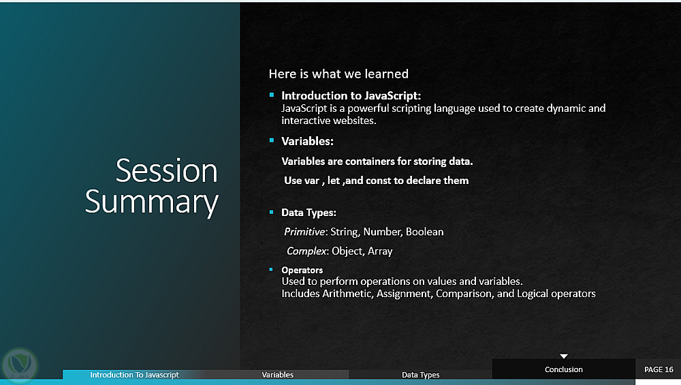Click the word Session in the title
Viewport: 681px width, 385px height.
point(166,170)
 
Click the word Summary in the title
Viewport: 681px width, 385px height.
point(152,202)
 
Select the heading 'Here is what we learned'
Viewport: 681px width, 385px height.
point(338,74)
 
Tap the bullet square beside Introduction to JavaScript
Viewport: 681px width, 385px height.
point(272,95)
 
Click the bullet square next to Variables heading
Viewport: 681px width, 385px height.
point(272,140)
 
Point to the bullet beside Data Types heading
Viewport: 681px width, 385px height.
point(272,212)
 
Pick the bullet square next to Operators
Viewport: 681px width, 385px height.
point(271,269)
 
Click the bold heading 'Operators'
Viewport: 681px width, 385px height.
point(302,270)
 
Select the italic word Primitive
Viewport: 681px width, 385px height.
point(304,232)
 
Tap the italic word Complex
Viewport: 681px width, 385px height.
point(306,251)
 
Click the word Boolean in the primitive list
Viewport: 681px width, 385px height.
point(424,232)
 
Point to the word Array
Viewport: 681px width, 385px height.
point(380,251)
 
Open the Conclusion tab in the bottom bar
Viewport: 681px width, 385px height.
point(564,369)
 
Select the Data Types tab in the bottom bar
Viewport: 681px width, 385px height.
point(420,375)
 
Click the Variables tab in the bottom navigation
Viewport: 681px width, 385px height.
point(278,375)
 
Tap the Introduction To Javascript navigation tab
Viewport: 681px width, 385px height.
point(134,375)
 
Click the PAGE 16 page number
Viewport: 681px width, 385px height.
point(659,369)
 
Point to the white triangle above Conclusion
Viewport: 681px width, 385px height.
point(564,356)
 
